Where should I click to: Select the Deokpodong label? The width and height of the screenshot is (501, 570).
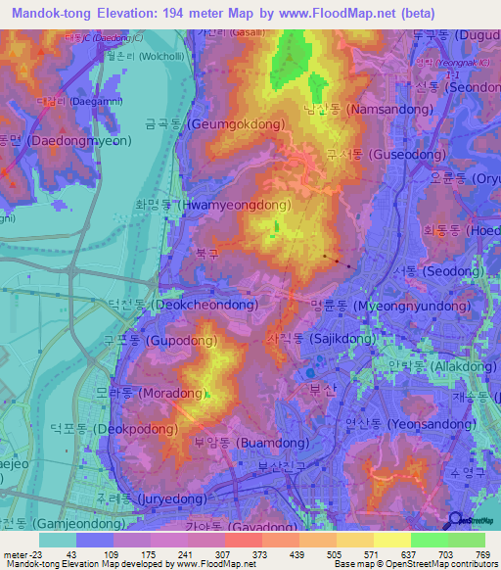pos(114,428)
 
